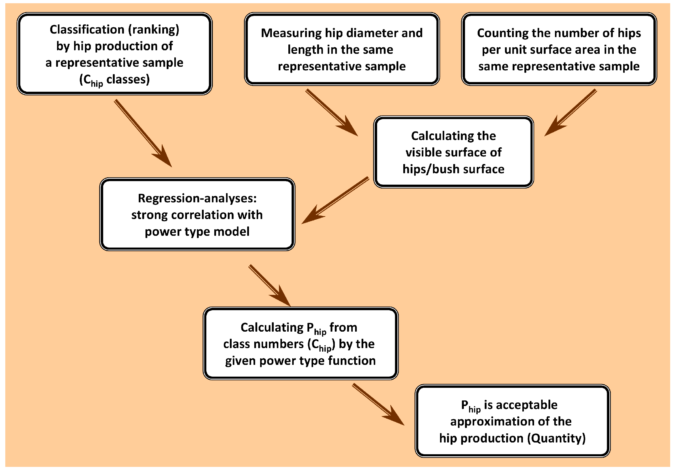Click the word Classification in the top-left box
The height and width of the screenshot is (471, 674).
tap(87, 29)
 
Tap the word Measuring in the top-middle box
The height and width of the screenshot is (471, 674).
tap(291, 33)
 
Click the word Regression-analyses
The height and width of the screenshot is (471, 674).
tap(197, 198)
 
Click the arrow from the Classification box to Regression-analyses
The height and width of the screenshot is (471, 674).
tap(143, 133)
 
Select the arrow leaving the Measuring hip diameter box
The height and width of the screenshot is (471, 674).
tap(332, 113)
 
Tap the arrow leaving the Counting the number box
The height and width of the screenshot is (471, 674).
tap(571, 113)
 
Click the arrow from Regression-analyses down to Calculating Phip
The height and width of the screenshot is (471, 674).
tap(270, 285)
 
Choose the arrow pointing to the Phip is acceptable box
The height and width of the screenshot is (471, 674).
tap(379, 404)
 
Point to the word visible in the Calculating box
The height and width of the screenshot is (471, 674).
tap(424, 152)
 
